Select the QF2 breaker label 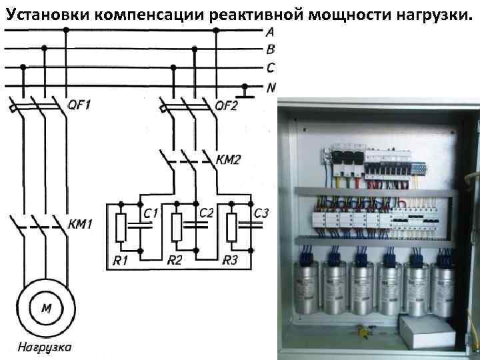[227, 105]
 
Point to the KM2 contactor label [229, 160]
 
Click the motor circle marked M [46, 307]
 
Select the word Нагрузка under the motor [45, 347]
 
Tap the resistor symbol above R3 [231, 227]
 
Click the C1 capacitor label [151, 213]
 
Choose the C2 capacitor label [207, 213]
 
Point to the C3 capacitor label [261, 213]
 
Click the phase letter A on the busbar [269, 31]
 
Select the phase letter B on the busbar [269, 49]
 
